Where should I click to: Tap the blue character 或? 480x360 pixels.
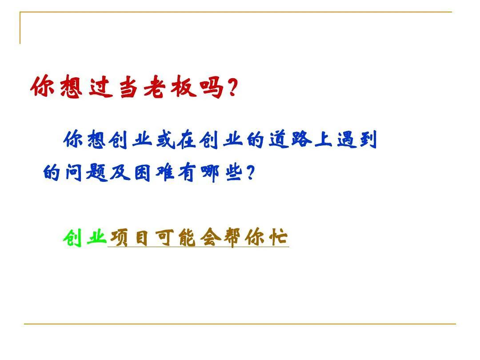click(164, 141)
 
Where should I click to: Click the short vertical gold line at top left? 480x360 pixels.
click(20, 28)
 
